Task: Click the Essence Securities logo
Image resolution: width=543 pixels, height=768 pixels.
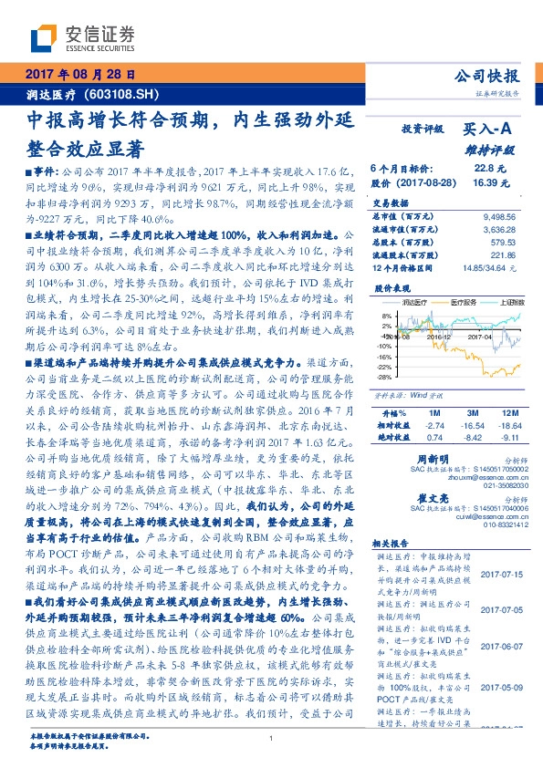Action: (82, 37)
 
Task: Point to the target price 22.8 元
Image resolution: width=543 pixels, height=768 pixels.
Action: (490, 168)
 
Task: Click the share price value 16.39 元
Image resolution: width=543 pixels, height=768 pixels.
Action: (489, 182)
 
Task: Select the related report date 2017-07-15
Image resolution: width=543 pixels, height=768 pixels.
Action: (499, 573)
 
